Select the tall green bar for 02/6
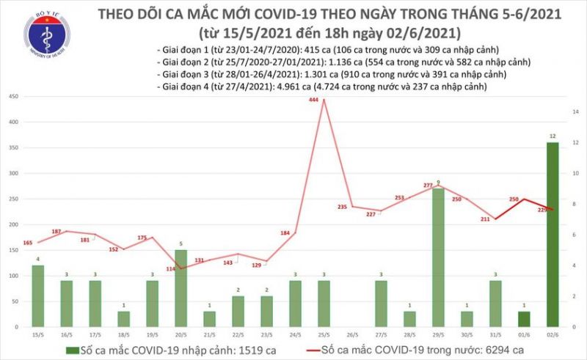click(x=553, y=234)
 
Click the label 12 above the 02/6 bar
click(x=553, y=136)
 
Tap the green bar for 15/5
click(x=36, y=296)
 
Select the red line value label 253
click(x=399, y=198)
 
